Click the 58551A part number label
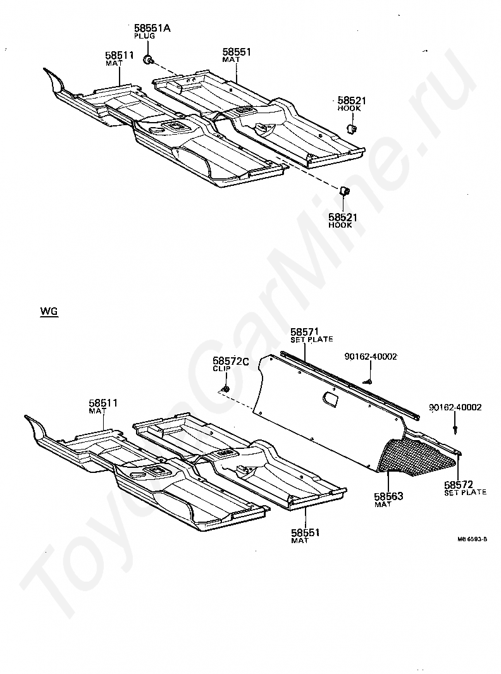coord(152,28)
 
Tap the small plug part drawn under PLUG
coord(147,60)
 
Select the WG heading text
coord(49,312)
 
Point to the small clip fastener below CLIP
coord(225,388)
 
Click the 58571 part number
coord(304,331)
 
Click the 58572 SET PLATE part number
coord(459,484)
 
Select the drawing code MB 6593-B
coord(473,539)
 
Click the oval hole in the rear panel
coord(330,398)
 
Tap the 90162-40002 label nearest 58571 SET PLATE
coord(371,357)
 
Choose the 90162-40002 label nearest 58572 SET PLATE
coord(455,408)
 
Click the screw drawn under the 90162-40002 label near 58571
coord(368,381)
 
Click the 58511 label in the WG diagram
coord(103,403)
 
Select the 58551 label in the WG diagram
coord(306,533)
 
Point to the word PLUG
coord(144,36)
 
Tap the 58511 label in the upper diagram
coord(120,56)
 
